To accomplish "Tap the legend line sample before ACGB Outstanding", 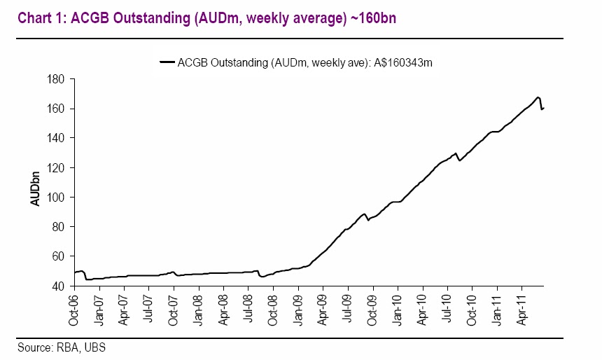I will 167,62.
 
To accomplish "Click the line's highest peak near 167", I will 537,97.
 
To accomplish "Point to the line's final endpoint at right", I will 544,108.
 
